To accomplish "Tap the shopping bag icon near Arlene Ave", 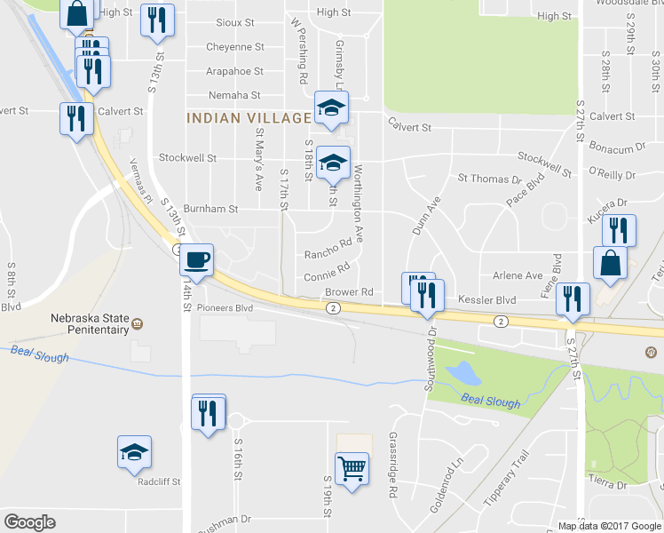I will [611, 263].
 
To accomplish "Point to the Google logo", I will [29, 521].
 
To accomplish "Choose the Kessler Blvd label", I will [486, 301].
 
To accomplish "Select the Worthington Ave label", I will [359, 203].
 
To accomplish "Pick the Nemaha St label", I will [233, 95].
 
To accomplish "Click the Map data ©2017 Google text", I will [610, 525].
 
